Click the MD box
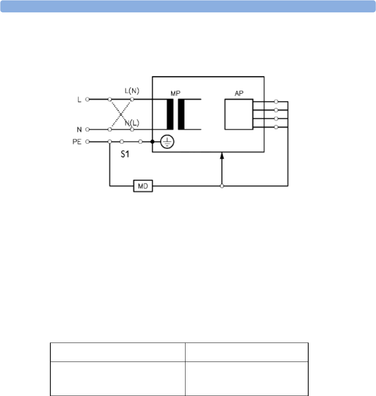(x=143, y=186)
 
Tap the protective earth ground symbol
(x=167, y=142)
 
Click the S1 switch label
(x=125, y=154)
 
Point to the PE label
(x=77, y=142)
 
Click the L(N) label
(x=132, y=91)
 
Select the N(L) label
(x=132, y=123)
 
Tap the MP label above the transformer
(x=175, y=93)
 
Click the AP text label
(x=239, y=93)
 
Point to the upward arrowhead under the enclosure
(x=222, y=156)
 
